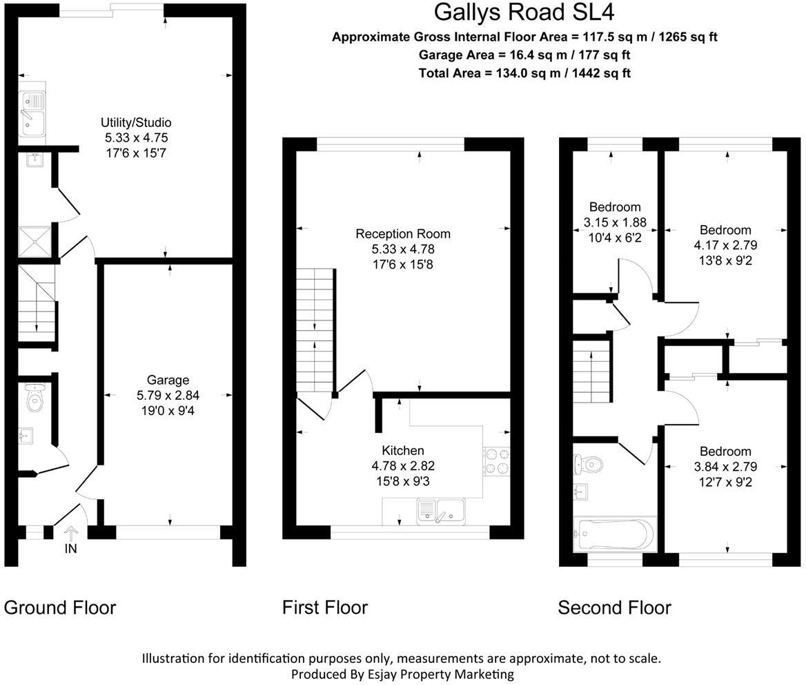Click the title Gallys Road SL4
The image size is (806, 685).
[x=524, y=12]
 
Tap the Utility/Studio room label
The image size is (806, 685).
[x=136, y=123]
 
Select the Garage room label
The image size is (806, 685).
[x=168, y=380]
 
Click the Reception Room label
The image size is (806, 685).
[x=403, y=233]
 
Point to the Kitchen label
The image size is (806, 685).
[x=403, y=450]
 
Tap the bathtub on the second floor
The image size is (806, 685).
[x=613, y=534]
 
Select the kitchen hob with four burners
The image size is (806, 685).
[x=497, y=461]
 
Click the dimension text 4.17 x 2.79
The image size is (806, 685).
[x=725, y=245]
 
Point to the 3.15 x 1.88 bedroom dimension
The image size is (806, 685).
[x=614, y=222]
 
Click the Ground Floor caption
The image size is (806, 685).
[x=60, y=608]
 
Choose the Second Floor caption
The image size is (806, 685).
[x=614, y=608]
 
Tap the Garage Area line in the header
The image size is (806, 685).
[x=524, y=55]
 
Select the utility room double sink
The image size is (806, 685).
[x=32, y=114]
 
